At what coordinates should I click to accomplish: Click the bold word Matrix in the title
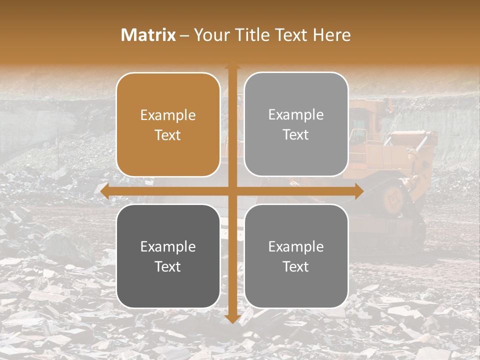pos(148,35)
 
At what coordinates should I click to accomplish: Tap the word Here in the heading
pos(332,35)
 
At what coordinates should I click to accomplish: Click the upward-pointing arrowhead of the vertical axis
pos(232,65)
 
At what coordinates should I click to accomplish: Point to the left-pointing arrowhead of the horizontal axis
pos(104,191)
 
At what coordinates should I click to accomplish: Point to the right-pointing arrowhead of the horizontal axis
pos(359,191)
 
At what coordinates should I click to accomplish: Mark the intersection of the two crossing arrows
pos(232,191)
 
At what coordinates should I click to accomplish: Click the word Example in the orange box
pos(168,115)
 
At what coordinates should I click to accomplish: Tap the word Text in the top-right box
pos(296,135)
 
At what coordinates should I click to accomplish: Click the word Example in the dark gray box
pos(168,246)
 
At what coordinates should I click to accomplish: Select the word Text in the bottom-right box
pos(296,266)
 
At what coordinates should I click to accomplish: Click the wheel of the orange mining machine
pos(393,198)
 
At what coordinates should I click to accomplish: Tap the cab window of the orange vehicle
pos(359,136)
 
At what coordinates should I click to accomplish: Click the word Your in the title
pos(211,35)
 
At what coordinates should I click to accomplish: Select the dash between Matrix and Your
pos(184,35)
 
